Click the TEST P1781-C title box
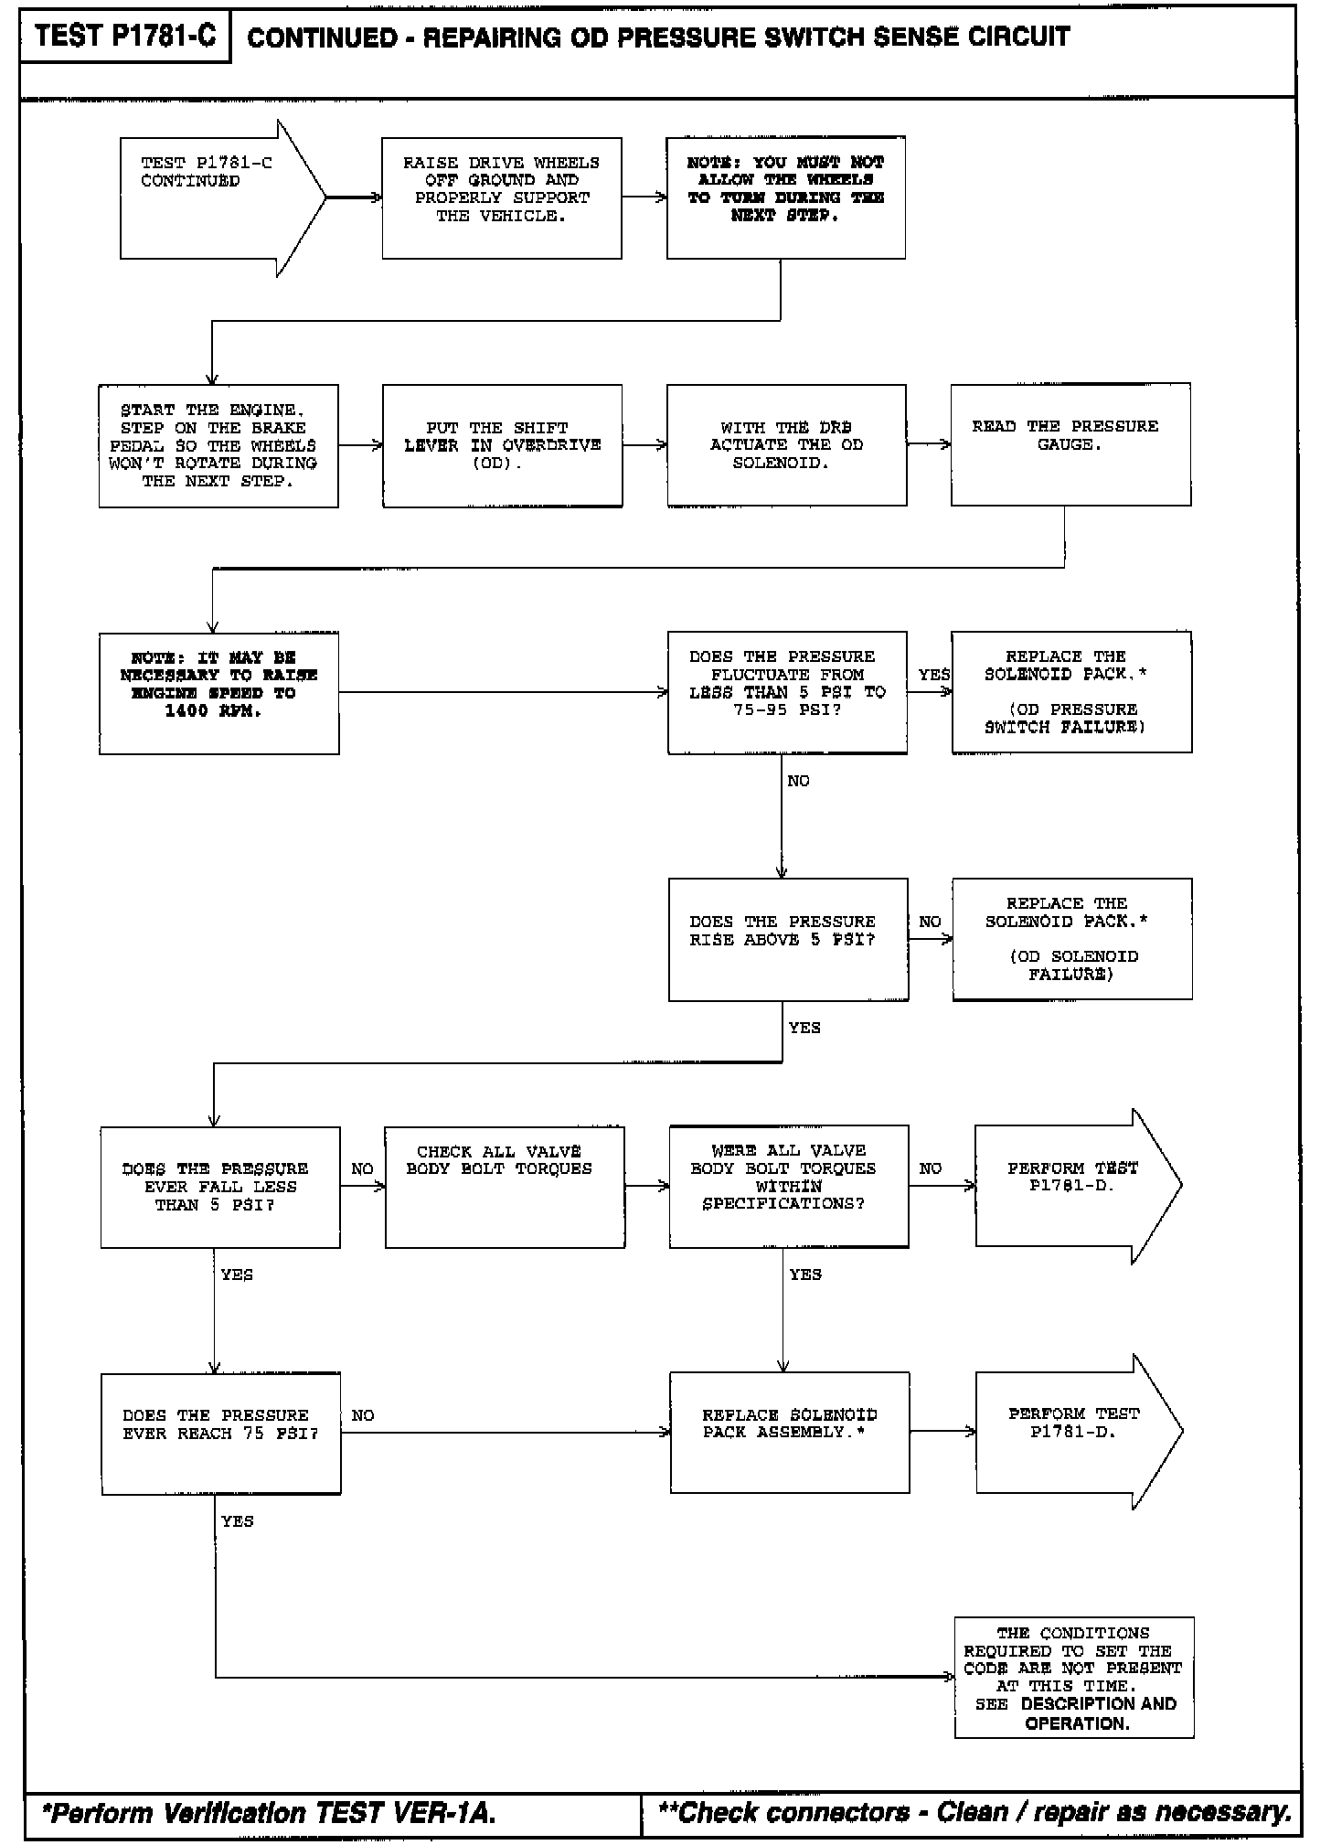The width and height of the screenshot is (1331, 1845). tap(125, 37)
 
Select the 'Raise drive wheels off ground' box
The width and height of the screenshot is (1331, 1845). tap(501, 197)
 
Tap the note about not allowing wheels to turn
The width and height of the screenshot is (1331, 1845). tap(785, 197)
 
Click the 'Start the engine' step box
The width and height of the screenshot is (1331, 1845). tap(218, 445)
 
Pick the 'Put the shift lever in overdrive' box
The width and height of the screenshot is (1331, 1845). tap(502, 445)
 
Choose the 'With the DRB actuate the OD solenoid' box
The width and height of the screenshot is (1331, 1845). tap(786, 445)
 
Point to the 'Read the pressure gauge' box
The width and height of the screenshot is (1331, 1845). tap(1070, 444)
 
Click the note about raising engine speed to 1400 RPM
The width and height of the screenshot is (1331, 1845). tap(218, 692)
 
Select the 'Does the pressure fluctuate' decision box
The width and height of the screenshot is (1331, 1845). tap(787, 692)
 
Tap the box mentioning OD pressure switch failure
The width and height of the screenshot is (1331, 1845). tap(1071, 692)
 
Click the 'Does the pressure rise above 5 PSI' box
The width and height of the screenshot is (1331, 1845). tap(788, 939)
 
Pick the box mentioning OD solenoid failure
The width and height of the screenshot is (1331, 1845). tap(1071, 939)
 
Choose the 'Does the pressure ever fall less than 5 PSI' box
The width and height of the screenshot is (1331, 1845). tap(219, 1187)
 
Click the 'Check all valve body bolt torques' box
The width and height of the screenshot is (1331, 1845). tap(505, 1187)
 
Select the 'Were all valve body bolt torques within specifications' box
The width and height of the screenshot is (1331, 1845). tap(788, 1187)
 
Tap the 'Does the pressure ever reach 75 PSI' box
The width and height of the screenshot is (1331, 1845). tap(220, 1434)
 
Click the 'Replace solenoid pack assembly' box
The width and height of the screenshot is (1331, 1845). tap(789, 1433)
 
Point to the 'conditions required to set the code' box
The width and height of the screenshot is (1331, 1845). tap(1074, 1678)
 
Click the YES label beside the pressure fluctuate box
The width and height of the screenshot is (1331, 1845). tap(933, 675)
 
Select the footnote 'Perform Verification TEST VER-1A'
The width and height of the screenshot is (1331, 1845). tap(271, 1814)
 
